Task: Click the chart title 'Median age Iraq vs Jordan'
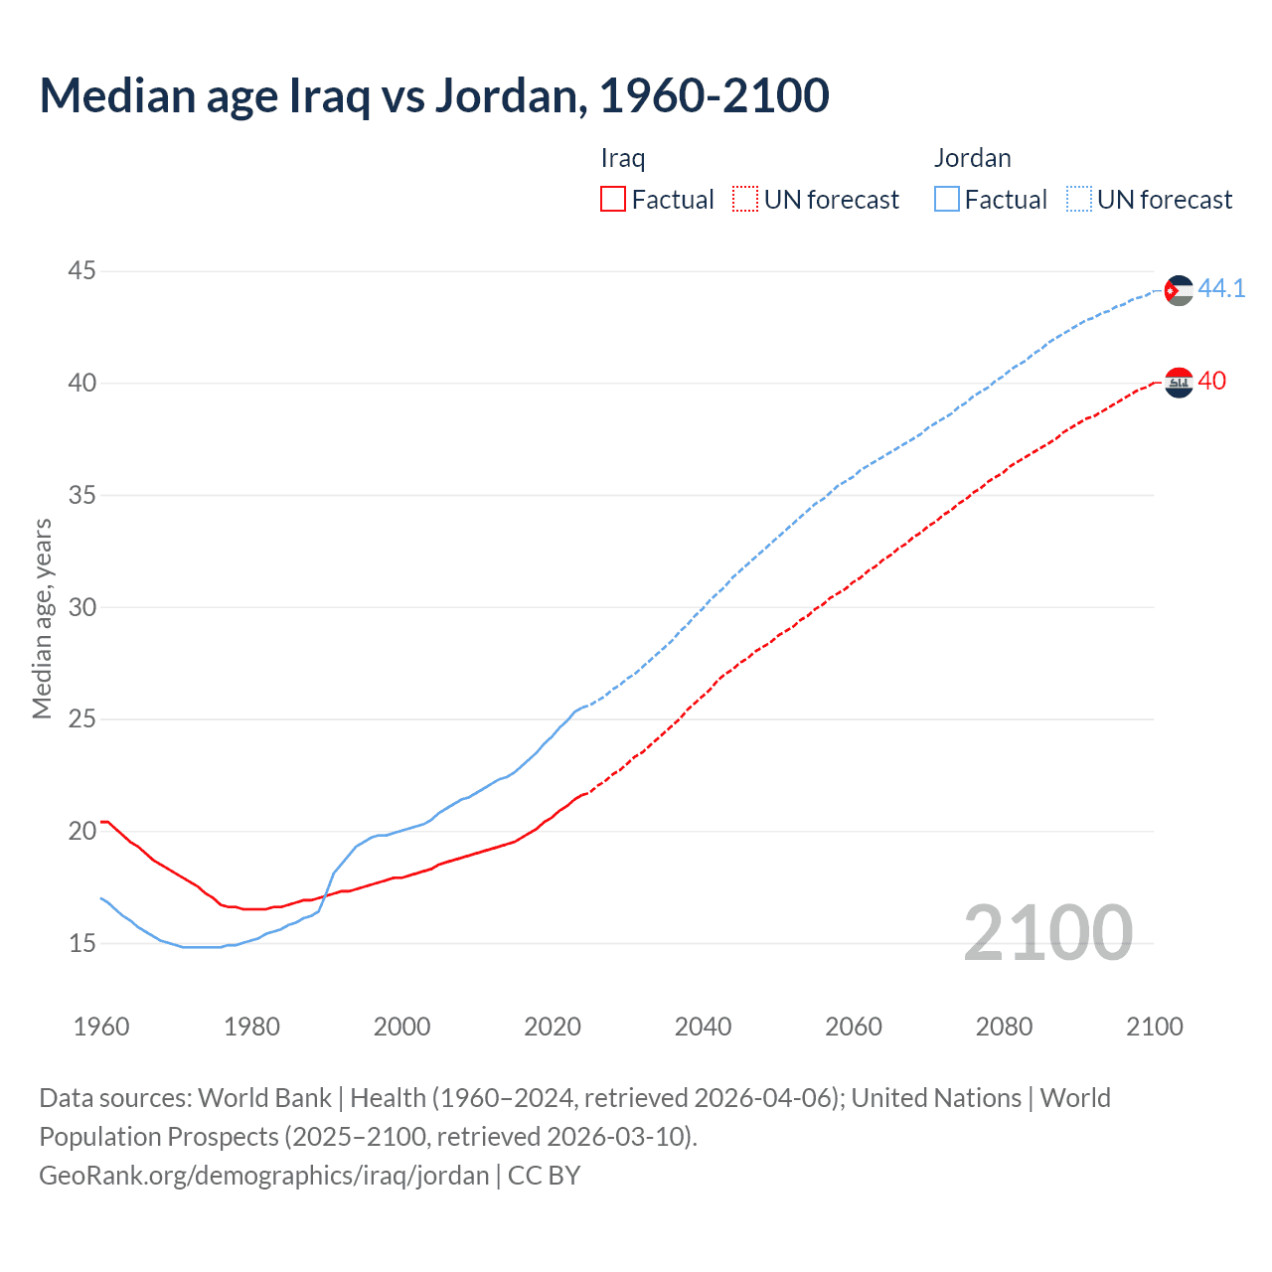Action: (434, 95)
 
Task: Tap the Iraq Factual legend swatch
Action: (613, 200)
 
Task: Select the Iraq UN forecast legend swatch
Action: (745, 200)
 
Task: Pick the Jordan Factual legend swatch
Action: (947, 200)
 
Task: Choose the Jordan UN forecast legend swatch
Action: (1079, 200)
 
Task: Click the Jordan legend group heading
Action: (972, 158)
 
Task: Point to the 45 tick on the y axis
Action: (82, 270)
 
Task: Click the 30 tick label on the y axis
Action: (82, 607)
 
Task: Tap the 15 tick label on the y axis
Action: (82, 943)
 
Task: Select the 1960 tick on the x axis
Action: (101, 1027)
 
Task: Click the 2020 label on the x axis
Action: (553, 1027)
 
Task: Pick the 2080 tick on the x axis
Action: (1004, 1027)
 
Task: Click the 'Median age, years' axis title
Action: (42, 618)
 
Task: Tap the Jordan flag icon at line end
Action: (1178, 290)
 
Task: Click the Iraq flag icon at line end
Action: (1179, 382)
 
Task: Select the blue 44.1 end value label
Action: (1221, 289)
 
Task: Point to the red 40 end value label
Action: (1212, 382)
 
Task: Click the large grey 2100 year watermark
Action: (1048, 933)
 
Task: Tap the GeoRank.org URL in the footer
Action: (263, 1176)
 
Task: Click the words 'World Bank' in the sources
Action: (264, 1098)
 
